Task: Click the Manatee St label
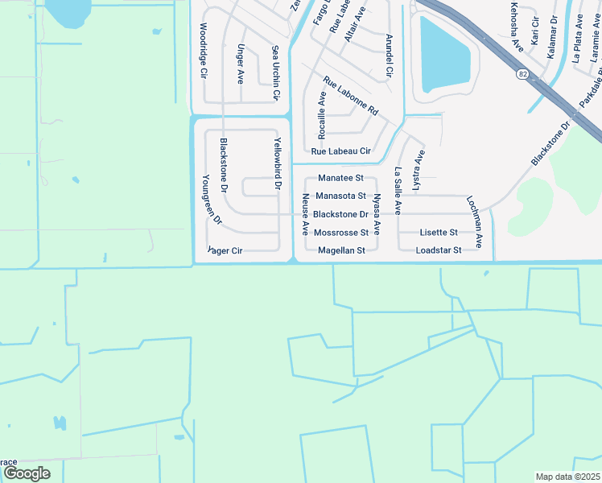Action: click(340, 177)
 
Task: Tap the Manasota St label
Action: click(340, 196)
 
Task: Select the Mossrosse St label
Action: click(341, 233)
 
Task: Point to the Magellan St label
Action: click(341, 250)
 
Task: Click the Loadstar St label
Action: click(438, 250)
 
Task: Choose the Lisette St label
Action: click(439, 233)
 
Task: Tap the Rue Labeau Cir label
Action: click(340, 151)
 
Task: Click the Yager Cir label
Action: click(225, 250)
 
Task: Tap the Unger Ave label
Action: click(240, 64)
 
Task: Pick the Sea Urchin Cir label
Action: click(275, 72)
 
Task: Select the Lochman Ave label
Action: click(477, 221)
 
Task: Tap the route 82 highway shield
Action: click(524, 73)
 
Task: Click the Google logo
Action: click(27, 473)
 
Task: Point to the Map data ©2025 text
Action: click(567, 477)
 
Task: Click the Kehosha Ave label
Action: click(516, 28)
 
